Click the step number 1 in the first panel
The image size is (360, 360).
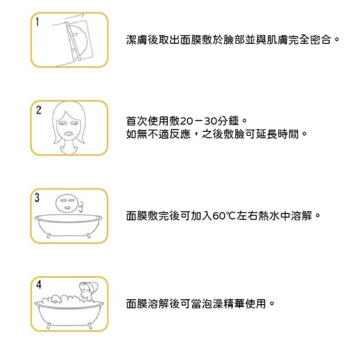(x=37, y=22)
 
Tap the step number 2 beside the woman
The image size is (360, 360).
(x=39, y=110)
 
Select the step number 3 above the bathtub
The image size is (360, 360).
(x=37, y=198)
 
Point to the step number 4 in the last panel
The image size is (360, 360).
(x=39, y=285)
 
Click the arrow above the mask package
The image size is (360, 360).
(x=74, y=17)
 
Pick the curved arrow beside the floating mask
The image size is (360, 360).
(x=81, y=207)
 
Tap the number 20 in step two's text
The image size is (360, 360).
(x=186, y=121)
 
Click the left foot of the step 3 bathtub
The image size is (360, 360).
(x=49, y=236)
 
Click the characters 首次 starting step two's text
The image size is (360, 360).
(x=137, y=121)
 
